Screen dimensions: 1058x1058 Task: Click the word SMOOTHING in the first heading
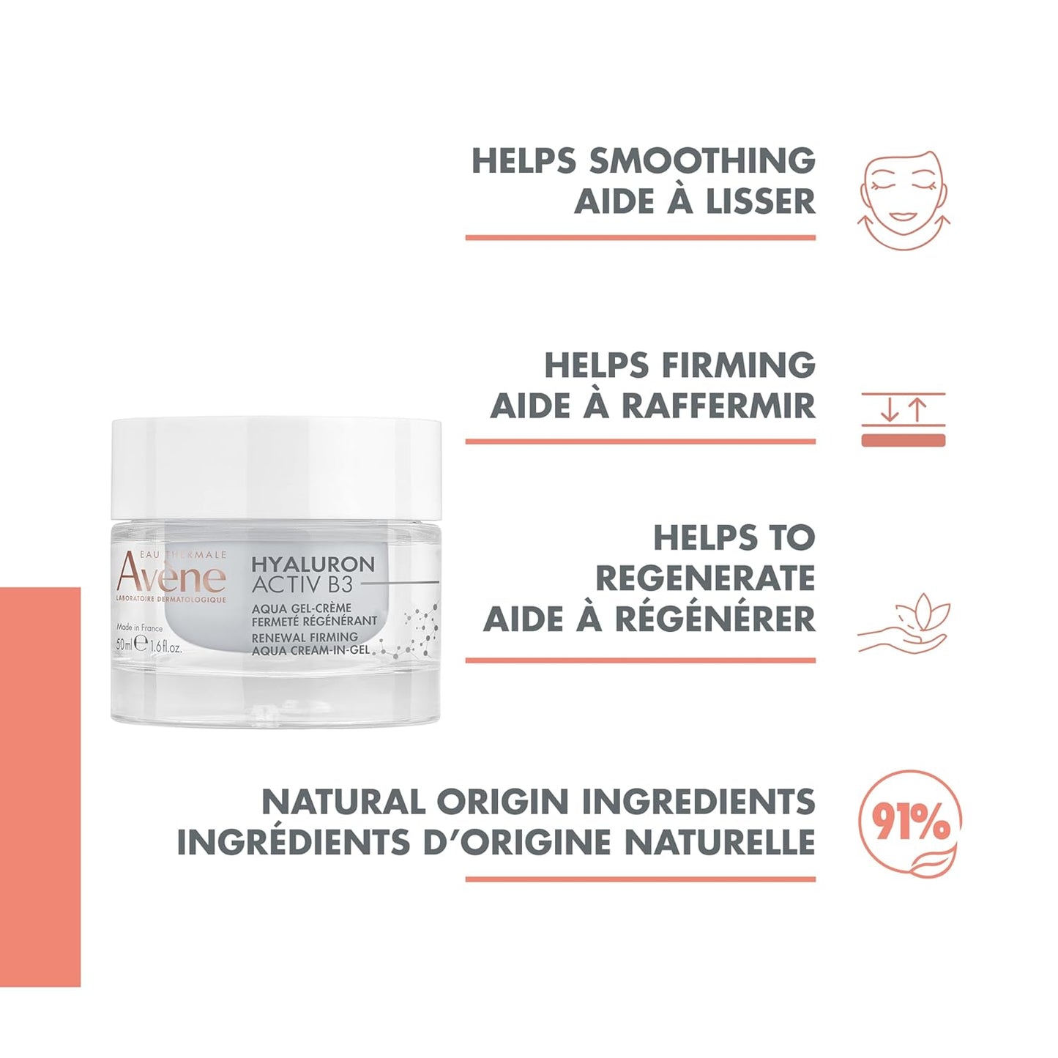[701, 161]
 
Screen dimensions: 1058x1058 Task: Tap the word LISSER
[757, 201]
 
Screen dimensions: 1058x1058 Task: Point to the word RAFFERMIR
[718, 406]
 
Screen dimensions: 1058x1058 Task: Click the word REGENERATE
[705, 578]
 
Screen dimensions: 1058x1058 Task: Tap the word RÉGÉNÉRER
[715, 619]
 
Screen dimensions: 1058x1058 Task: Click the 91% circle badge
[909, 824]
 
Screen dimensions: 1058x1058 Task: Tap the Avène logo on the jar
[171, 575]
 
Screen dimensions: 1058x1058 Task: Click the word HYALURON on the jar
[313, 565]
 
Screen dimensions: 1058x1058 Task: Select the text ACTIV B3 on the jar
[302, 585]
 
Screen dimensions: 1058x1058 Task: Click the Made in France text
[139, 627]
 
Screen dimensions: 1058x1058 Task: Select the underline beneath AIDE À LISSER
[640, 237]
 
